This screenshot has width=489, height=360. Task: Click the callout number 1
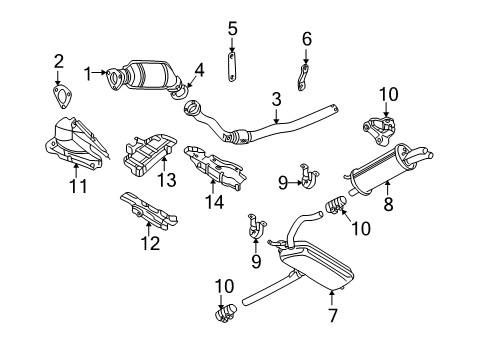[x=88, y=74]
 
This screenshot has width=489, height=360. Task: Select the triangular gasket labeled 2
[x=62, y=97]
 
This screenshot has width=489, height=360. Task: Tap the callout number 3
[x=276, y=100]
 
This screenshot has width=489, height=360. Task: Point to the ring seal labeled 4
[x=180, y=93]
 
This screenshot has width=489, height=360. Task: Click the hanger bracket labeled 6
[x=303, y=78]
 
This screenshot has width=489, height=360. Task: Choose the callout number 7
[x=333, y=315]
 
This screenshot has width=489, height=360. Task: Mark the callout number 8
[x=388, y=204]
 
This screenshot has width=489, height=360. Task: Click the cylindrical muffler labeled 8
[x=387, y=169]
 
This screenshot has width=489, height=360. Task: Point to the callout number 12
[x=150, y=243]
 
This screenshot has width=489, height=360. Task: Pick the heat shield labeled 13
[x=148, y=154]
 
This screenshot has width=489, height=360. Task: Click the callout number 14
[x=214, y=202]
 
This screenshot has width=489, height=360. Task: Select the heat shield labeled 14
[x=215, y=167]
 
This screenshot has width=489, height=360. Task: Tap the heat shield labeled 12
[x=148, y=211]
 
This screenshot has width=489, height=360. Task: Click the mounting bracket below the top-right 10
[x=380, y=131]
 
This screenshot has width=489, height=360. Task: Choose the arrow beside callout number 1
[x=100, y=72]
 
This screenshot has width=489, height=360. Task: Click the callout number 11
[x=78, y=186]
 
